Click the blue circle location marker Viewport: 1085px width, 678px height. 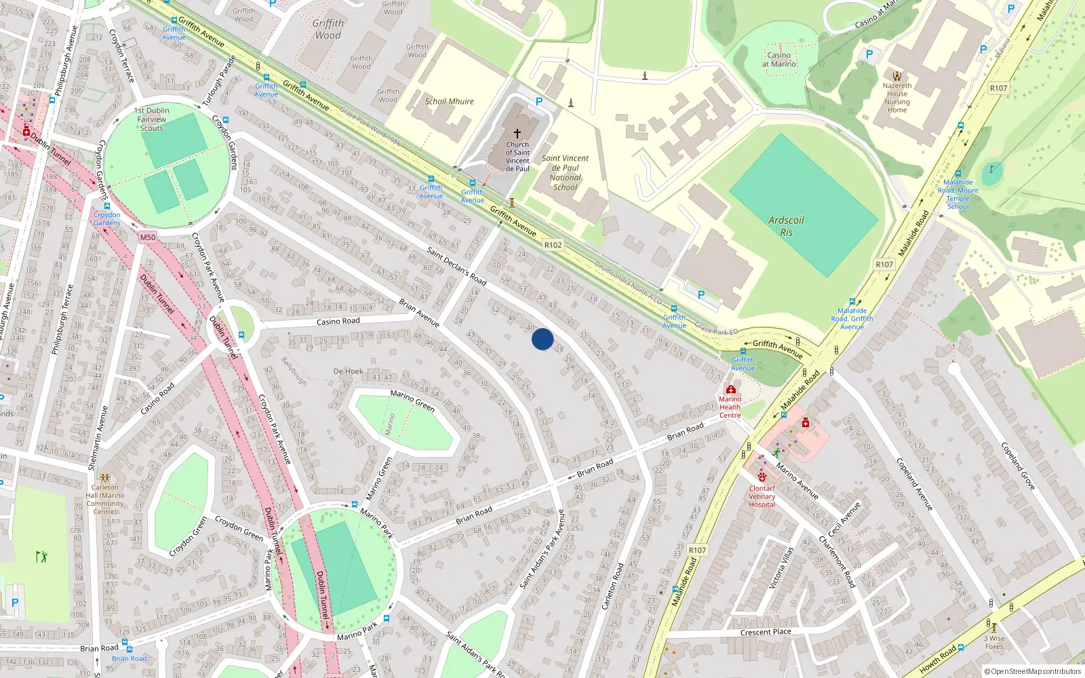pos(542,339)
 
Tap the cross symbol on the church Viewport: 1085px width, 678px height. pos(517,134)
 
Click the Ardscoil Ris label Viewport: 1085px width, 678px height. pos(786,226)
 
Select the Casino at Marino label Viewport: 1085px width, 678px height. pos(779,60)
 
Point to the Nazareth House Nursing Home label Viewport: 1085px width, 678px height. pos(897,98)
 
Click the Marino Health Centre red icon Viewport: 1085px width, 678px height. pos(730,389)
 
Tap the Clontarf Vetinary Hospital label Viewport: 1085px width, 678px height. pos(762,496)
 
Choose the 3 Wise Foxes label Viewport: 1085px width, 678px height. pos(994,642)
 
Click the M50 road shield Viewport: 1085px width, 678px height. pos(148,237)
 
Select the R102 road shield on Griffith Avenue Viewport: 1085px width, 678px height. pos(553,245)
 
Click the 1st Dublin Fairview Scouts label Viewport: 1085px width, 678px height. pos(153,119)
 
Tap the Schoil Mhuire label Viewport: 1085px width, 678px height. pos(450,102)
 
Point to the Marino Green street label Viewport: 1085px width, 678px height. pos(412,400)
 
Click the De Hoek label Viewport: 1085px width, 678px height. pos(348,372)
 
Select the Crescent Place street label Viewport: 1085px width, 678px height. pos(766,632)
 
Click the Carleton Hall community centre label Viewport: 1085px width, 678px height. pos(105,499)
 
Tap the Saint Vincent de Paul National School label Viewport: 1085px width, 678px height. pos(566,173)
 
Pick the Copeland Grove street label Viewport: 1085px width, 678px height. pos(1018,466)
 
